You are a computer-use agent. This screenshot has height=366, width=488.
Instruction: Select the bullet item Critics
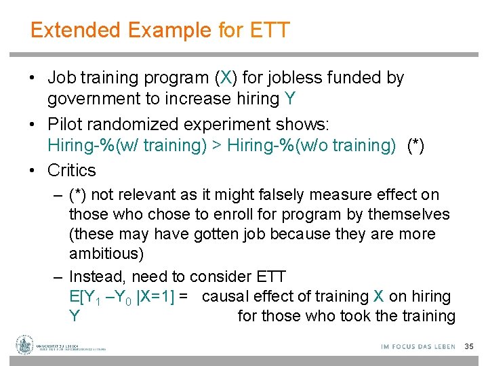tap(71, 170)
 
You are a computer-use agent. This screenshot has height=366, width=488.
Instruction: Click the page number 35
tap(469, 346)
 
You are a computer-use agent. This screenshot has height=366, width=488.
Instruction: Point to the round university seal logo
tap(25, 345)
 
